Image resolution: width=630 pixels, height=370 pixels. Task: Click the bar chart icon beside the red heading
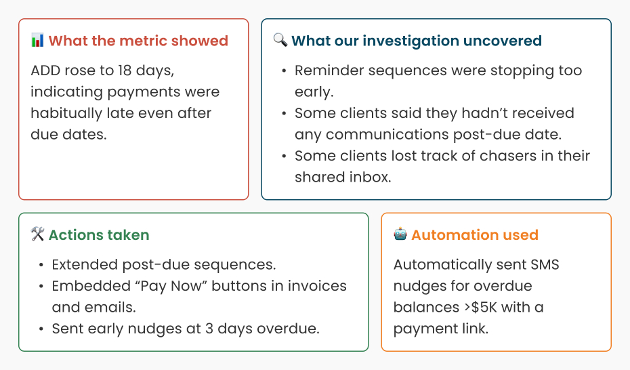click(37, 40)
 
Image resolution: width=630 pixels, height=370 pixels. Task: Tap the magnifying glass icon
click(280, 40)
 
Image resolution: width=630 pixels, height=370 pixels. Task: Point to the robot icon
click(400, 234)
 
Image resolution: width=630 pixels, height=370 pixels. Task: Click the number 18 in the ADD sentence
click(125, 70)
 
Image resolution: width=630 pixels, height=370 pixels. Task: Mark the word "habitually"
click(66, 114)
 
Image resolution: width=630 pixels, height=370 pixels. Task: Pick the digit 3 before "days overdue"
click(209, 329)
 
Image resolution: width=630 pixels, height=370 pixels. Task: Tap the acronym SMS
click(545, 264)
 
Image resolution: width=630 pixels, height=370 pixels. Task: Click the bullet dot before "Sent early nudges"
click(41, 329)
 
